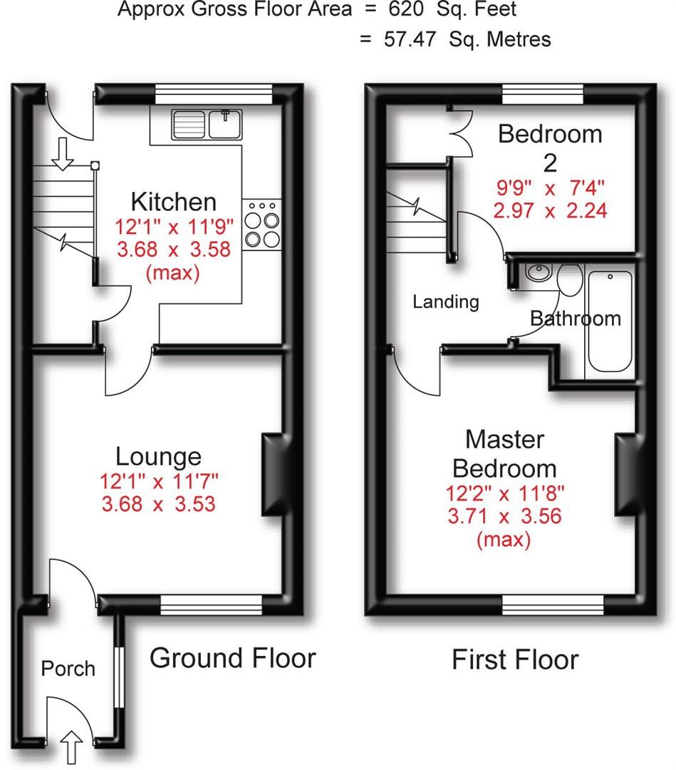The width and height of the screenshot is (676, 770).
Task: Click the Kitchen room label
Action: (x=174, y=202)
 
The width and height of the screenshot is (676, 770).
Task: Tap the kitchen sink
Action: (x=207, y=124)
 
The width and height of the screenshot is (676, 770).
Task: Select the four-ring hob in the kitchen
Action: (x=261, y=223)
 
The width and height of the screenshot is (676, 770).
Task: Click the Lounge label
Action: (x=159, y=456)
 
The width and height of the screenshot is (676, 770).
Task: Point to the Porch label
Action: (x=68, y=669)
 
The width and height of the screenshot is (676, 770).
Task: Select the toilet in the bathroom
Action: (x=569, y=279)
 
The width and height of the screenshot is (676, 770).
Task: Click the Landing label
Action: (x=446, y=302)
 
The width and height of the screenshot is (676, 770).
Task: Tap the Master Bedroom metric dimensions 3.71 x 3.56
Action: (x=504, y=515)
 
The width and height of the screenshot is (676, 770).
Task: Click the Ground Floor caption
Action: (x=232, y=657)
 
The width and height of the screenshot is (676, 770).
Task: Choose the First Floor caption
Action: (x=515, y=660)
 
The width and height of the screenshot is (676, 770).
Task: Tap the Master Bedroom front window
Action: (x=553, y=605)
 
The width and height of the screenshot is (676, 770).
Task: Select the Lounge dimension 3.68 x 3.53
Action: (x=159, y=505)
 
